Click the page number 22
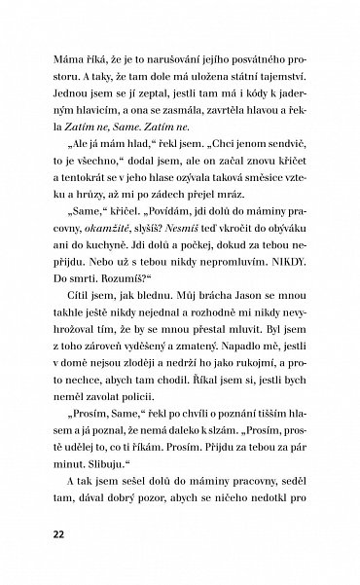tap(48, 535)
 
